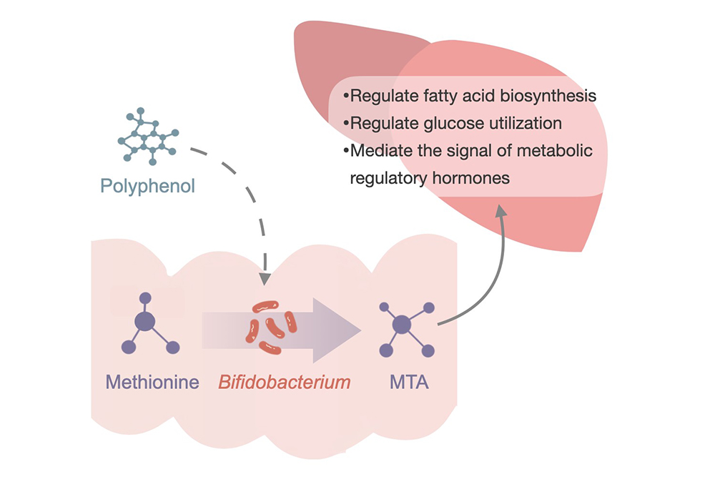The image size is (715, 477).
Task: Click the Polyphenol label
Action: coord(147,187)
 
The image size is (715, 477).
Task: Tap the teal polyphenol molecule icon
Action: coord(147,136)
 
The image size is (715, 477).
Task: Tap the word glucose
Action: coord(448,123)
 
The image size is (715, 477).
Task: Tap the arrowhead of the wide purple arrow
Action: coord(344,328)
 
